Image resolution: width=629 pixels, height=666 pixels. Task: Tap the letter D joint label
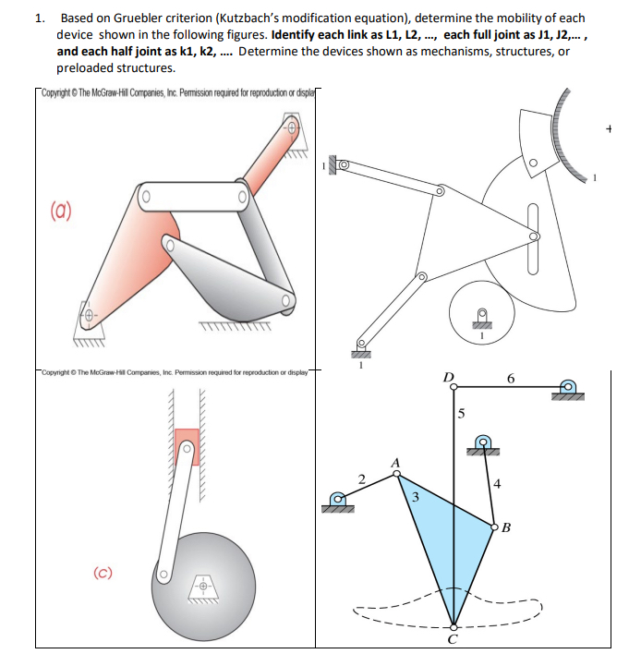click(450, 377)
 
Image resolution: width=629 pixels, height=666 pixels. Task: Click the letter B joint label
click(507, 529)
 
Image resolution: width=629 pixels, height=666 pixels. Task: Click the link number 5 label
click(463, 412)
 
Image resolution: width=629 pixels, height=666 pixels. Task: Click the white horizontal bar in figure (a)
click(193, 195)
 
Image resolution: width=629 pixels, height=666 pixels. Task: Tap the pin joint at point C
click(453, 626)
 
